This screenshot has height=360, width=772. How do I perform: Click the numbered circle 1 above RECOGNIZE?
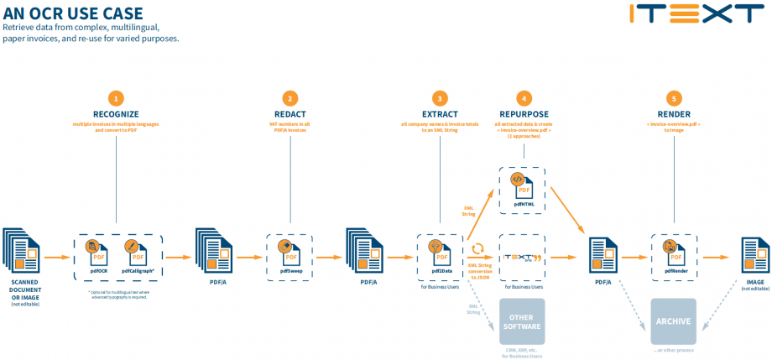click(117, 97)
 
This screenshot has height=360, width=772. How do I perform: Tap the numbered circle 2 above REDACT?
click(289, 97)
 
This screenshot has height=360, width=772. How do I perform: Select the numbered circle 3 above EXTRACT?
click(439, 97)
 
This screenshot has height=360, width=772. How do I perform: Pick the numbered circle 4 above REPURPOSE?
click(524, 97)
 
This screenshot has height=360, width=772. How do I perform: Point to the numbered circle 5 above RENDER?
click(674, 97)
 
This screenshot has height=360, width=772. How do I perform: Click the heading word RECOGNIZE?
click(117, 113)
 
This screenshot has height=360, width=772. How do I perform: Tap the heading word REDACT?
click(289, 113)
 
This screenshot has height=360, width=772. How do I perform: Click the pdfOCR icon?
click(95, 251)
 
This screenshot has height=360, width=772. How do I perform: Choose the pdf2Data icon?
click(439, 251)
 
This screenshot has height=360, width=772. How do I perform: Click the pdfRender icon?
click(674, 251)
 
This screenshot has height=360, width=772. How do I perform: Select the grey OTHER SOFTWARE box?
click(522, 321)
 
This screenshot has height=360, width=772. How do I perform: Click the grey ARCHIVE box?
click(673, 321)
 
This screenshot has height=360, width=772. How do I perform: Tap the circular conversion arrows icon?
click(477, 249)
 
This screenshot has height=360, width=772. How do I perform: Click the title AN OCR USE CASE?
click(73, 13)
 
